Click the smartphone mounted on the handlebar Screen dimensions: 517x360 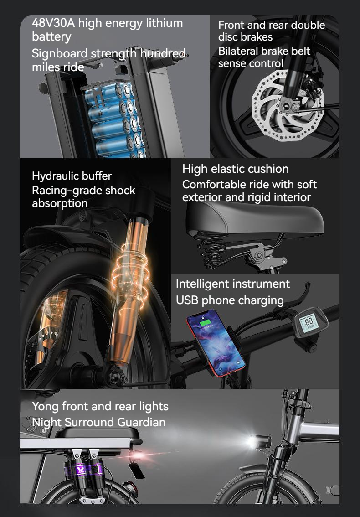(215, 339)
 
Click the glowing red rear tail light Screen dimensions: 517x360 (135, 455)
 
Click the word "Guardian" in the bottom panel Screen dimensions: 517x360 (141, 422)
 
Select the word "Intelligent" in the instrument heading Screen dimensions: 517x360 (203, 284)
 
